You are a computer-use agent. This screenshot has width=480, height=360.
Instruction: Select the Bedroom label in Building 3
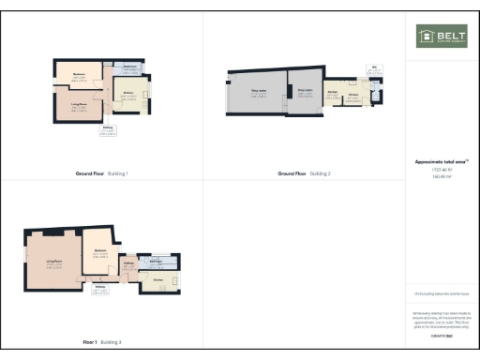(x=99, y=250)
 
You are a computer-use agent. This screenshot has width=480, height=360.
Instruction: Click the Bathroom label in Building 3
(x=157, y=260)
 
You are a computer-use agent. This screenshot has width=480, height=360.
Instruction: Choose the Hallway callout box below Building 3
(x=99, y=289)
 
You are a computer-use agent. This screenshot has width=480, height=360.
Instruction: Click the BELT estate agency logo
(x=442, y=37)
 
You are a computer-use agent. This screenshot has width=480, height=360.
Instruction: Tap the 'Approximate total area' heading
(x=442, y=161)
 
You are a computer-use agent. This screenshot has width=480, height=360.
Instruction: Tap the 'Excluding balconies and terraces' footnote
(x=442, y=294)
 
